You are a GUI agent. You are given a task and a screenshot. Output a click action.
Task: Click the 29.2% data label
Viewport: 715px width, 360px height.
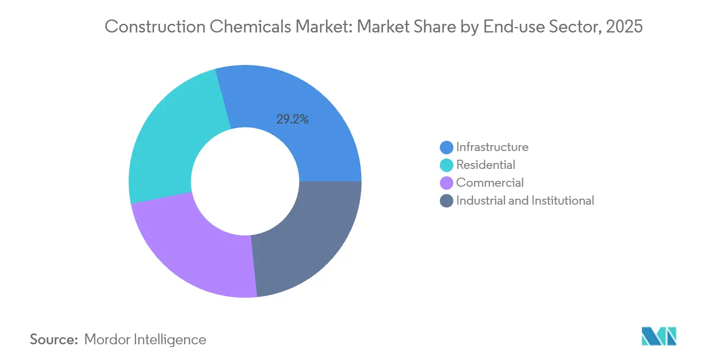[x=292, y=120]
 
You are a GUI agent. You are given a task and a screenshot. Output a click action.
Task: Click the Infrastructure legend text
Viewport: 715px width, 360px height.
[x=492, y=147]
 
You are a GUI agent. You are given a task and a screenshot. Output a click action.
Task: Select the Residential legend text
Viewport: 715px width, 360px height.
[x=485, y=165]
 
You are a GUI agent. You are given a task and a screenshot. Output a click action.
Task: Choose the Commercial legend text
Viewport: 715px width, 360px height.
[x=490, y=182]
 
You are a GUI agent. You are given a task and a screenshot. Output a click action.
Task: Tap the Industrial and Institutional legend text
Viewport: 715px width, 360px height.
[x=525, y=200]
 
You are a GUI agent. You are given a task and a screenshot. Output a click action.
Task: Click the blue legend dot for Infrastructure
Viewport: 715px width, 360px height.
[x=447, y=147]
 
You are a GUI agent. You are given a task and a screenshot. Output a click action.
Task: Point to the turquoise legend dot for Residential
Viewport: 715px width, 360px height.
[x=447, y=165]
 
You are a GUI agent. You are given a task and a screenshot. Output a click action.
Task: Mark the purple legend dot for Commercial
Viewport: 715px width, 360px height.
[x=447, y=183]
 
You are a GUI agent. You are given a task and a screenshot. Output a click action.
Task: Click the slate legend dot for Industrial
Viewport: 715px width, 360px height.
[x=447, y=201]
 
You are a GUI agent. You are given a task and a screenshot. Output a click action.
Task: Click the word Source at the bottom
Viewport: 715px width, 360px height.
[x=54, y=339]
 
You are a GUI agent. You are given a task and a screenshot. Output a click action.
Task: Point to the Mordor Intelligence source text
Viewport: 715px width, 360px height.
[x=145, y=339]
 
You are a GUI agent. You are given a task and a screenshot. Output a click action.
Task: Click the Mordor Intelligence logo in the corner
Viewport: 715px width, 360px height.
[x=659, y=336]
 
